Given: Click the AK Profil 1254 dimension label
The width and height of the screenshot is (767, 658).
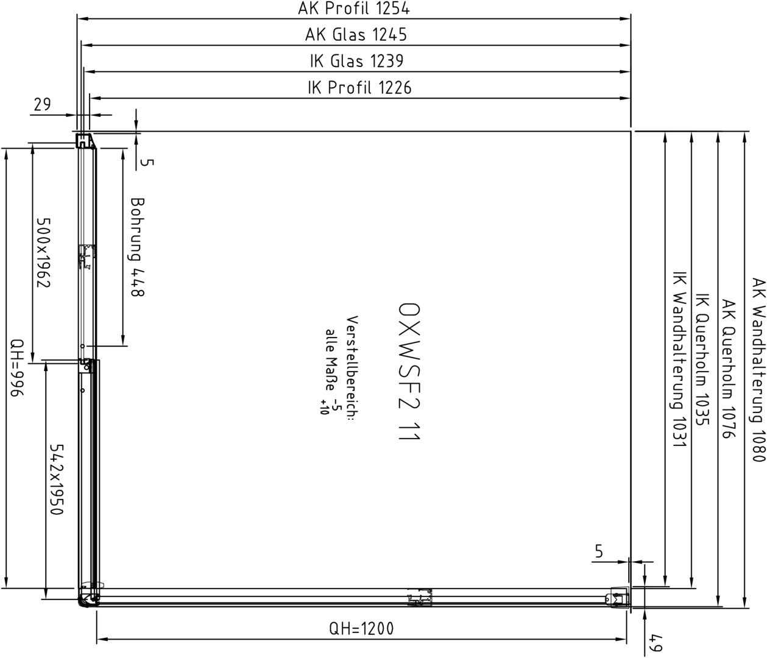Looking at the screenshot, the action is point(353,8).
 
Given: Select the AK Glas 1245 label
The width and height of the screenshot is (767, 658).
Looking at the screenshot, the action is point(356,35).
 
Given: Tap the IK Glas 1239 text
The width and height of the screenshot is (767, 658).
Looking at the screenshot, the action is point(356,61).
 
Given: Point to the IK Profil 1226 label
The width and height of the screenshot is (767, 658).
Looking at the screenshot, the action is point(359,88).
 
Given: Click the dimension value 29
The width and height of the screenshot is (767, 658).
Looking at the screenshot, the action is point(42,105).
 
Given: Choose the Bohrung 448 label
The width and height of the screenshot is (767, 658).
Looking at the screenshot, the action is point(137,247).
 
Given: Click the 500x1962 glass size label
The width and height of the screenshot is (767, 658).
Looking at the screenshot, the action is point(43,252).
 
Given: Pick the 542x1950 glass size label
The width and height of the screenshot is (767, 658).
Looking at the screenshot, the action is point(57,479).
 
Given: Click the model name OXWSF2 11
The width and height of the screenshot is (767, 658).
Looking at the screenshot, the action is point(409,372).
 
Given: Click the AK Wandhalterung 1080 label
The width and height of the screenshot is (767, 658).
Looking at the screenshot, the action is point(758,370).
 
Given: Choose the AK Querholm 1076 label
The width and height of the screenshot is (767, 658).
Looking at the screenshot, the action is point(729,369).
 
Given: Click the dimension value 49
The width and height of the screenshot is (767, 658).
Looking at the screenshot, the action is point(656,643).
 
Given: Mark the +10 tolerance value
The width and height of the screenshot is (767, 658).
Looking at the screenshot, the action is point(323,407).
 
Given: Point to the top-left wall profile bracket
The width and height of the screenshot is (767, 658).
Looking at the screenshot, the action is point(85,141).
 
